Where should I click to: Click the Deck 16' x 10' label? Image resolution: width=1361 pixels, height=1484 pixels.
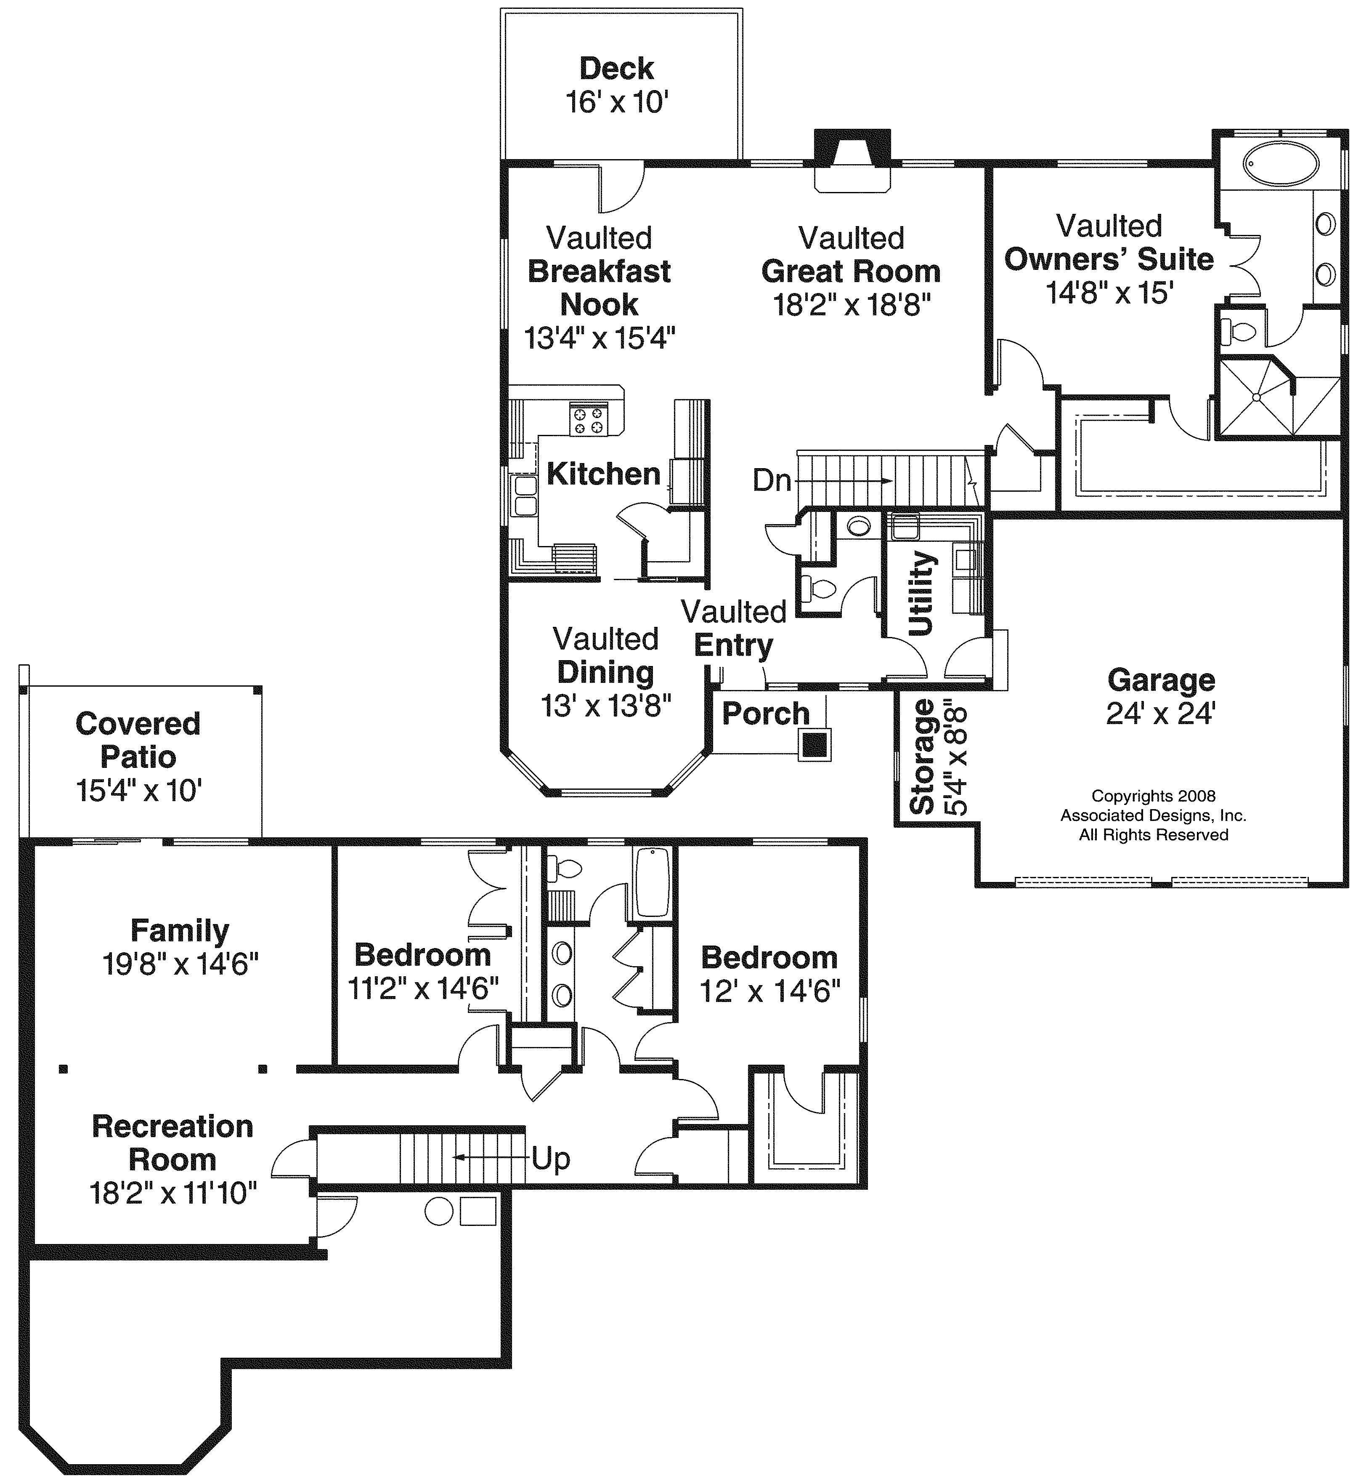[616, 85]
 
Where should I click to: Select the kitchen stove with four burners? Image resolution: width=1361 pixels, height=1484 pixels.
[589, 420]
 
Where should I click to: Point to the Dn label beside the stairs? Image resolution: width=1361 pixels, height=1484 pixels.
[771, 480]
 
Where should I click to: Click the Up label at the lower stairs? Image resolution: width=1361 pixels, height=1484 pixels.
[551, 1159]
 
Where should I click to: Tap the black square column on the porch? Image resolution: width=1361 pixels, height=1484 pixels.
[814, 745]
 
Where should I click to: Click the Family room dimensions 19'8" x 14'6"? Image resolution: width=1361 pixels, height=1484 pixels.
[180, 964]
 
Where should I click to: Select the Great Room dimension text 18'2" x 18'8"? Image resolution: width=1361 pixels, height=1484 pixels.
[852, 304]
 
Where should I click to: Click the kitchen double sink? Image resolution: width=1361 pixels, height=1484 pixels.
[524, 495]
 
